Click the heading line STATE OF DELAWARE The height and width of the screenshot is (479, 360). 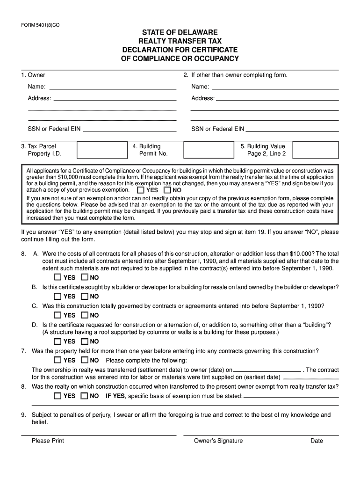click(x=180, y=33)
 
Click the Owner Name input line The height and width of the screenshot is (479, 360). click(x=113, y=87)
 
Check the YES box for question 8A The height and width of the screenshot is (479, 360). click(x=57, y=277)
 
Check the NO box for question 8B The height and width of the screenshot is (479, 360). click(x=84, y=296)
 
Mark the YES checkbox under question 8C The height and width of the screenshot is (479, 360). click(x=57, y=315)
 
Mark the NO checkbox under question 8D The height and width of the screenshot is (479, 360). click(x=84, y=341)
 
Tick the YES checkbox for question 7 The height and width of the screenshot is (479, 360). click(x=57, y=360)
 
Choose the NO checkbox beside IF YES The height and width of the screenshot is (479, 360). click(x=84, y=396)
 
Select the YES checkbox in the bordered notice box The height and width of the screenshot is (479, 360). click(x=140, y=190)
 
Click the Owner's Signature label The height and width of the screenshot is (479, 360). click(x=218, y=441)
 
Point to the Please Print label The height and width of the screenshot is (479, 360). click(x=48, y=441)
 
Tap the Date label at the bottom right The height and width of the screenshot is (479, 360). click(x=317, y=441)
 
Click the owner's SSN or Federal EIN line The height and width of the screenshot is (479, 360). click(x=130, y=130)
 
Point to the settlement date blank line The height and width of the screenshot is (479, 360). click(x=267, y=370)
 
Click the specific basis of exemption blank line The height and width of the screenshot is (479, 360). click(x=291, y=397)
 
